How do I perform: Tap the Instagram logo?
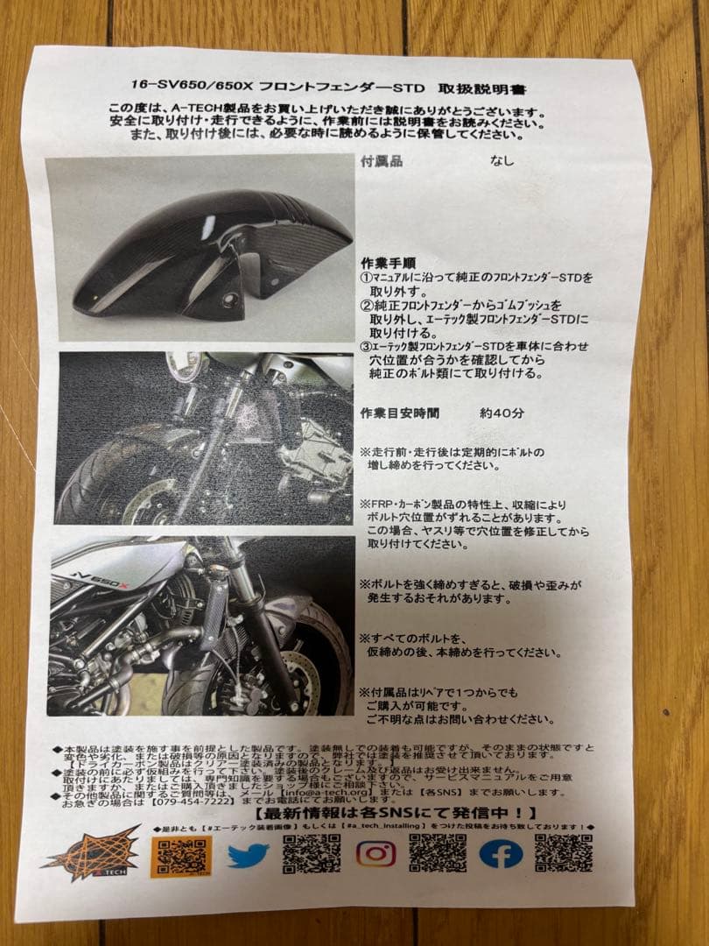[376, 852]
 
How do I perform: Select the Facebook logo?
[501, 853]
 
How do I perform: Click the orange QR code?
[181, 855]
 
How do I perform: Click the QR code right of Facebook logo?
[563, 852]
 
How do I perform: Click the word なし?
[502, 161]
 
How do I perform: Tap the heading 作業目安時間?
[400, 413]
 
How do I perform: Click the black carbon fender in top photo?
[210, 254]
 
